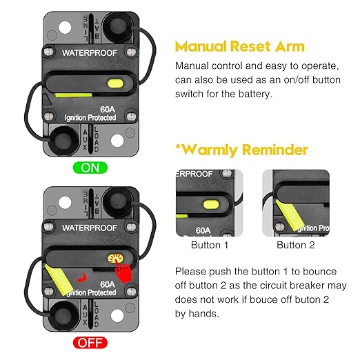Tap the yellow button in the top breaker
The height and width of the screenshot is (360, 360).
[116, 84]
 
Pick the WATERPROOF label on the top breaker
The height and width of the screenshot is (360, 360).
[90, 52]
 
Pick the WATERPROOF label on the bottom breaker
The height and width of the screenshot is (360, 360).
[90, 226]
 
